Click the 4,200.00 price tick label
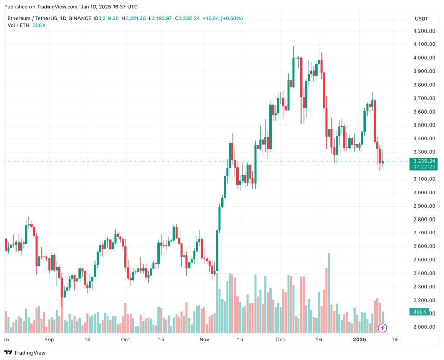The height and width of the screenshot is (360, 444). pyautogui.click(x=424, y=31)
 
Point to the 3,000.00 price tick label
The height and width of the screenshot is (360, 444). pyautogui.click(x=424, y=193)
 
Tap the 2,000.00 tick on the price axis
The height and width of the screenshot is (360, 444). pyautogui.click(x=424, y=327)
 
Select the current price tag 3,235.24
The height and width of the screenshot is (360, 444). pyautogui.click(x=424, y=161)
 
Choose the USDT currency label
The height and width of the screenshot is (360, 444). pyautogui.click(x=421, y=19)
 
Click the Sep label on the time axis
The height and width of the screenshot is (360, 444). pyautogui.click(x=49, y=340)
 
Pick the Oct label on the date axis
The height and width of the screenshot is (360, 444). pyautogui.click(x=125, y=340)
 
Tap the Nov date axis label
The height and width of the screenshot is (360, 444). pyautogui.click(x=204, y=340)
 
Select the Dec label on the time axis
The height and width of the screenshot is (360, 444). pyautogui.click(x=280, y=340)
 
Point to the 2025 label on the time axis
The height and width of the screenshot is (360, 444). pyautogui.click(x=359, y=340)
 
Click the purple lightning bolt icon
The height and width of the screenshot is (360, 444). pyautogui.click(x=383, y=327)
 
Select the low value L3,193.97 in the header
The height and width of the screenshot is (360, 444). pyautogui.click(x=160, y=18)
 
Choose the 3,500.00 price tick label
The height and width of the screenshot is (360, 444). pyautogui.click(x=424, y=125)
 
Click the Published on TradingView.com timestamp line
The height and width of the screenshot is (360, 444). pyautogui.click(x=70, y=7)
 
